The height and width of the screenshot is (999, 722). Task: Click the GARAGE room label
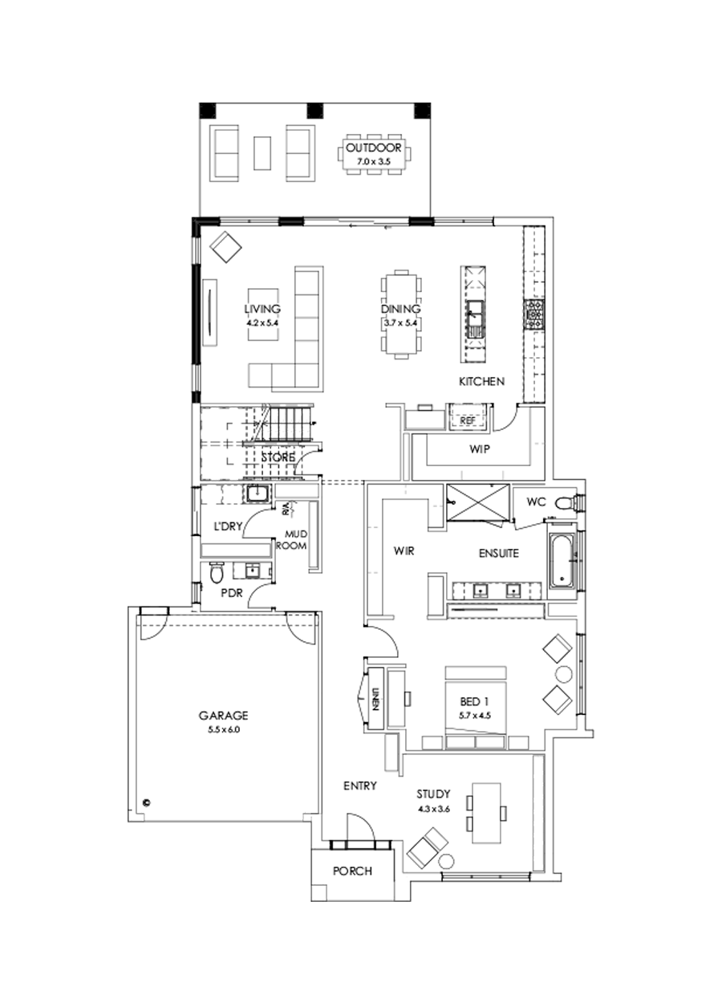(224, 715)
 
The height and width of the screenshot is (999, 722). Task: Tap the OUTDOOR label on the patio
(374, 148)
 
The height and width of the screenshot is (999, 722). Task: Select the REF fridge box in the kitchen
(466, 420)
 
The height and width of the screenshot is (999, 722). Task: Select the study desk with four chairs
(484, 813)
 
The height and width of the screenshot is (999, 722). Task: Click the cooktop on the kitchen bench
(534, 315)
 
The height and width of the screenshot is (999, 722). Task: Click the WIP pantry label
(480, 449)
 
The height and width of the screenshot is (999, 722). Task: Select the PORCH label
(353, 871)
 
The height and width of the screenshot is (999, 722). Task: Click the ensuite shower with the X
(478, 504)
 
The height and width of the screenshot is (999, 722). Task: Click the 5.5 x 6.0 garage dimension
(224, 730)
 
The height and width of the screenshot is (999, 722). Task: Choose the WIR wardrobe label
(403, 551)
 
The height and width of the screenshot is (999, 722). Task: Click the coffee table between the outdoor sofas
(262, 152)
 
